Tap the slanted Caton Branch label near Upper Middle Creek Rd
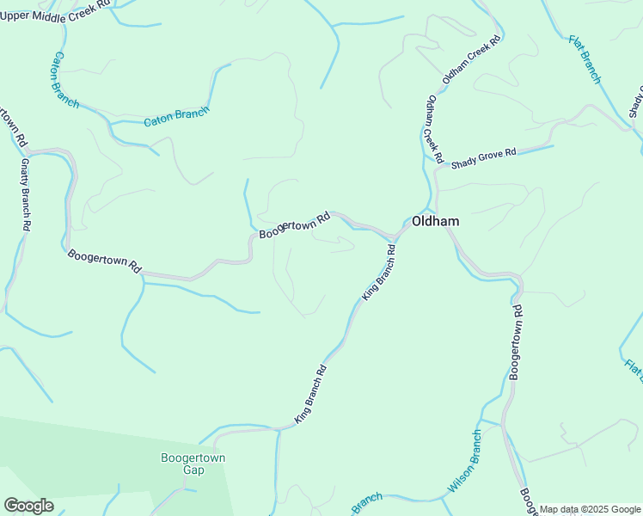pos(65,79)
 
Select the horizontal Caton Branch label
pos(176,117)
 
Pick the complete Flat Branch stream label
pos(585,59)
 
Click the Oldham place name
pos(435,221)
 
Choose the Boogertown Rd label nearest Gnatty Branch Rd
pos(104,261)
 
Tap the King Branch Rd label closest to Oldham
pos(379,272)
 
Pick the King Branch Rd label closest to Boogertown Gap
pos(311,394)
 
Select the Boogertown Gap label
pos(193,464)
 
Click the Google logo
pos(28,506)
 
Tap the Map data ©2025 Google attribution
pos(590,509)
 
